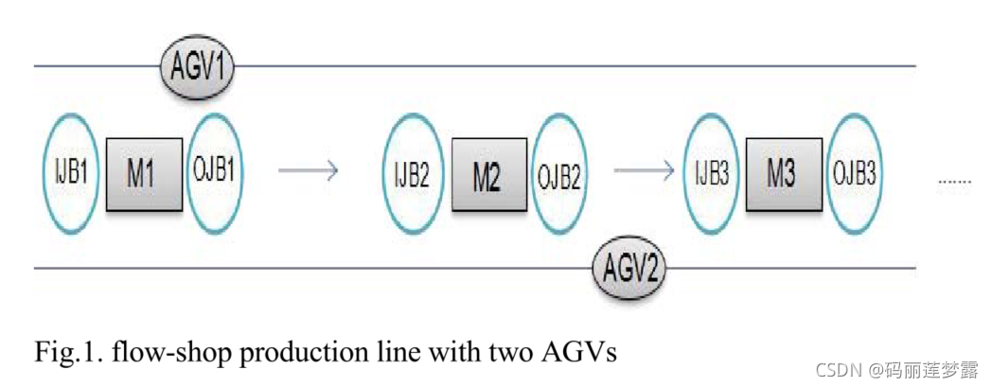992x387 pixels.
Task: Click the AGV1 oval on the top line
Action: coord(197,67)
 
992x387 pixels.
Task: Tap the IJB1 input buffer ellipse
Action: coord(71,173)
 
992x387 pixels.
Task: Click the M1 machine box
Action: coord(142,173)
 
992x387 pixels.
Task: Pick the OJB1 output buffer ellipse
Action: coord(214,173)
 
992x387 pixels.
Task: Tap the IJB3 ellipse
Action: coord(711,174)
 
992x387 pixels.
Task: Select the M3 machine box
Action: coord(781,174)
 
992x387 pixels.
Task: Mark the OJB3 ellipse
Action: coord(854,174)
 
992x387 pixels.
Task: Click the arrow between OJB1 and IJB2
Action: coord(308,171)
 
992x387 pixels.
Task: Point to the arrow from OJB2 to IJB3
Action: coord(644,171)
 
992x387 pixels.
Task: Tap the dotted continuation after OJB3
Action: coord(954,179)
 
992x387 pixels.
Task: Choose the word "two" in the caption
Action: coord(513,353)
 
